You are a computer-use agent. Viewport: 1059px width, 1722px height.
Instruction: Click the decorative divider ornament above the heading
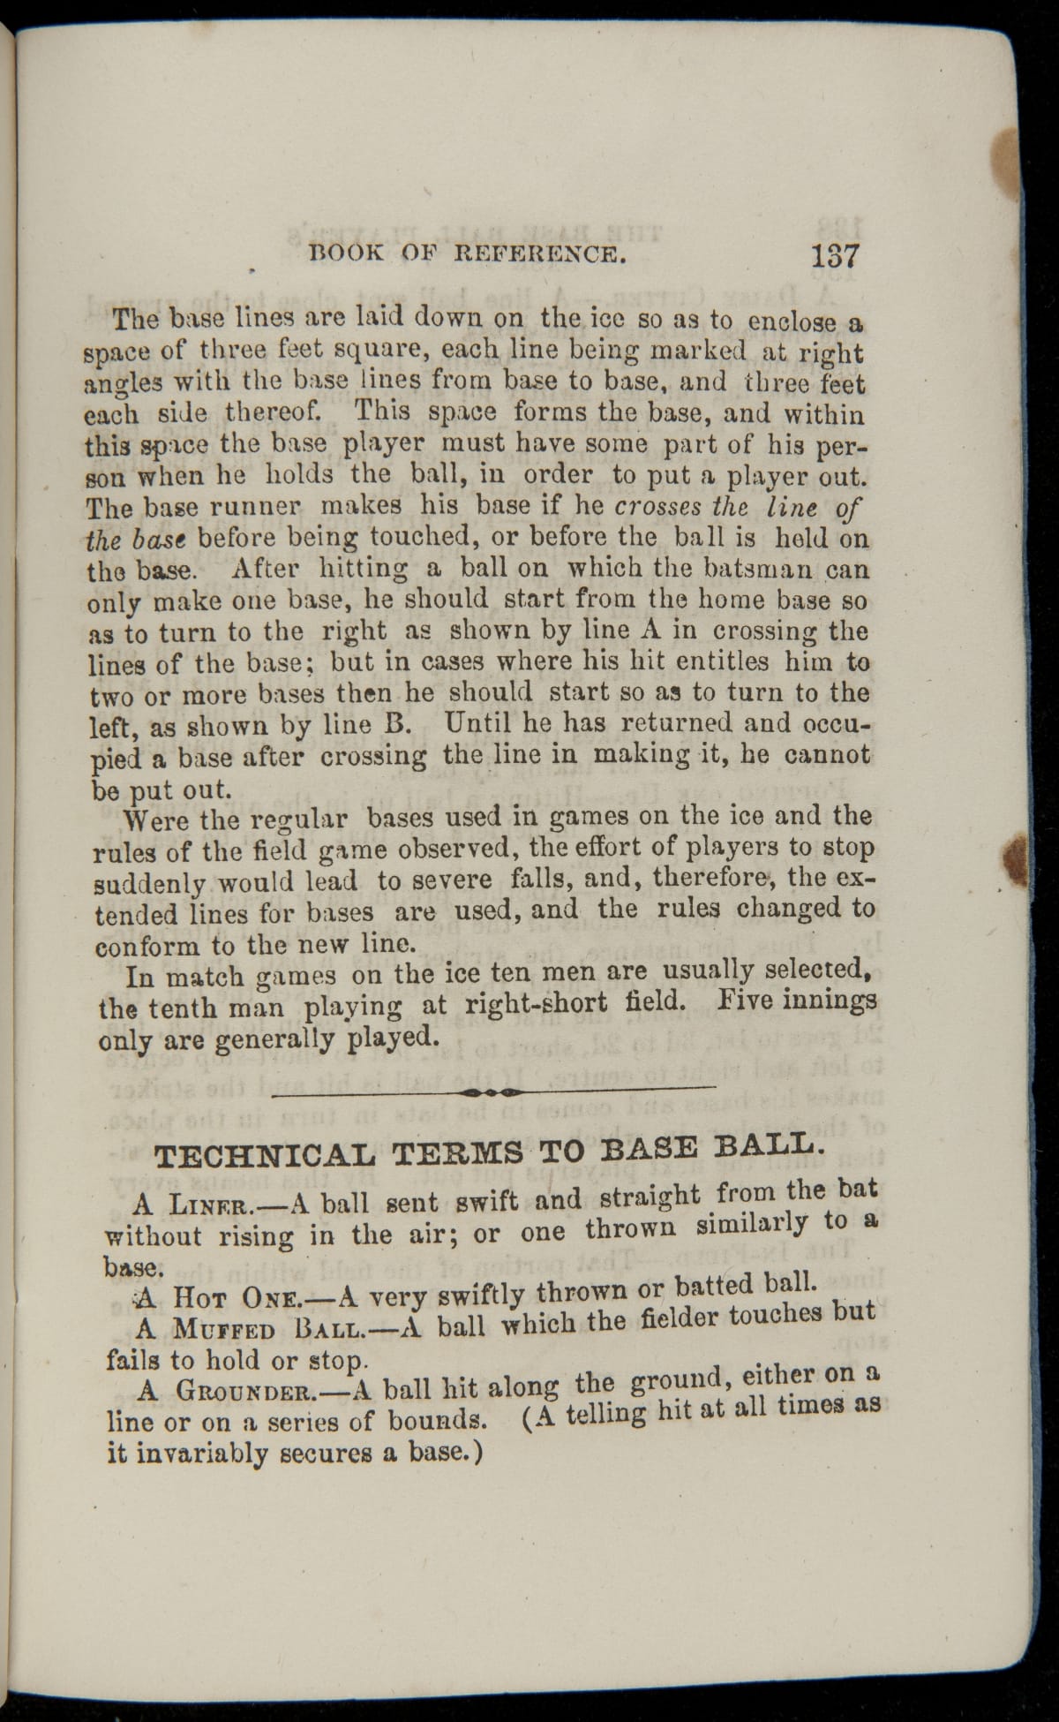click(493, 1092)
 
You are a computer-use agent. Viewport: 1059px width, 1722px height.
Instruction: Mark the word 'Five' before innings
click(747, 1003)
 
